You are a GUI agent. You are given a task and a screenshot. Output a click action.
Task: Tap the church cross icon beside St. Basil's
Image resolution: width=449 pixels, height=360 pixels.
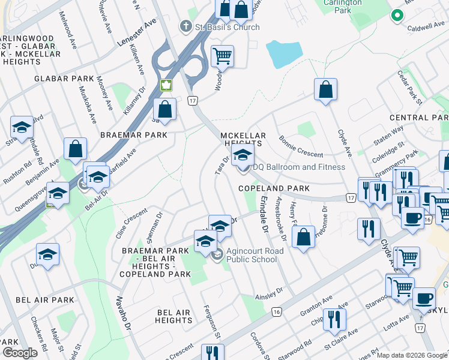pyautogui.click(x=186, y=27)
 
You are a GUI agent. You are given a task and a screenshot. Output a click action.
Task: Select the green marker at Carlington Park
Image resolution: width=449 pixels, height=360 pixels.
pyautogui.click(x=397, y=16)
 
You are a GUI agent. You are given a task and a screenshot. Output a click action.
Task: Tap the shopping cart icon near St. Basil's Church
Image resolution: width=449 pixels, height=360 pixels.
pyautogui.click(x=222, y=56)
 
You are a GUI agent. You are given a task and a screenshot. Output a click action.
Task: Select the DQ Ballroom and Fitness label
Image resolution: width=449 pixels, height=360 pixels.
pyautogui.click(x=299, y=167)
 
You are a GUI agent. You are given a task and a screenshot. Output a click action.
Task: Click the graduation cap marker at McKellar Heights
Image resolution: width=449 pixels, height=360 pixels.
pyautogui.click(x=243, y=155)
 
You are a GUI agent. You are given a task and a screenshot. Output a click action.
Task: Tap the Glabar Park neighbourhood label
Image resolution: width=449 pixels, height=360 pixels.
pyautogui.click(x=64, y=79)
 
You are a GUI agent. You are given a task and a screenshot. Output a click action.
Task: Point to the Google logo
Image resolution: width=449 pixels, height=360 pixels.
pyautogui.click(x=20, y=353)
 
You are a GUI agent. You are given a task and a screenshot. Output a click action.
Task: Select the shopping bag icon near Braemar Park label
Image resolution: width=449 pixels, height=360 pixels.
pyautogui.click(x=164, y=110)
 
